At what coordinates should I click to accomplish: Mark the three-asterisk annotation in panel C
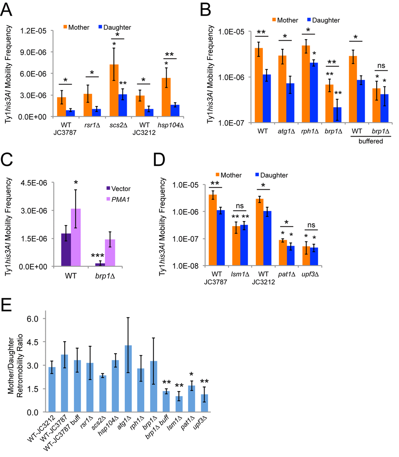[94, 255]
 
